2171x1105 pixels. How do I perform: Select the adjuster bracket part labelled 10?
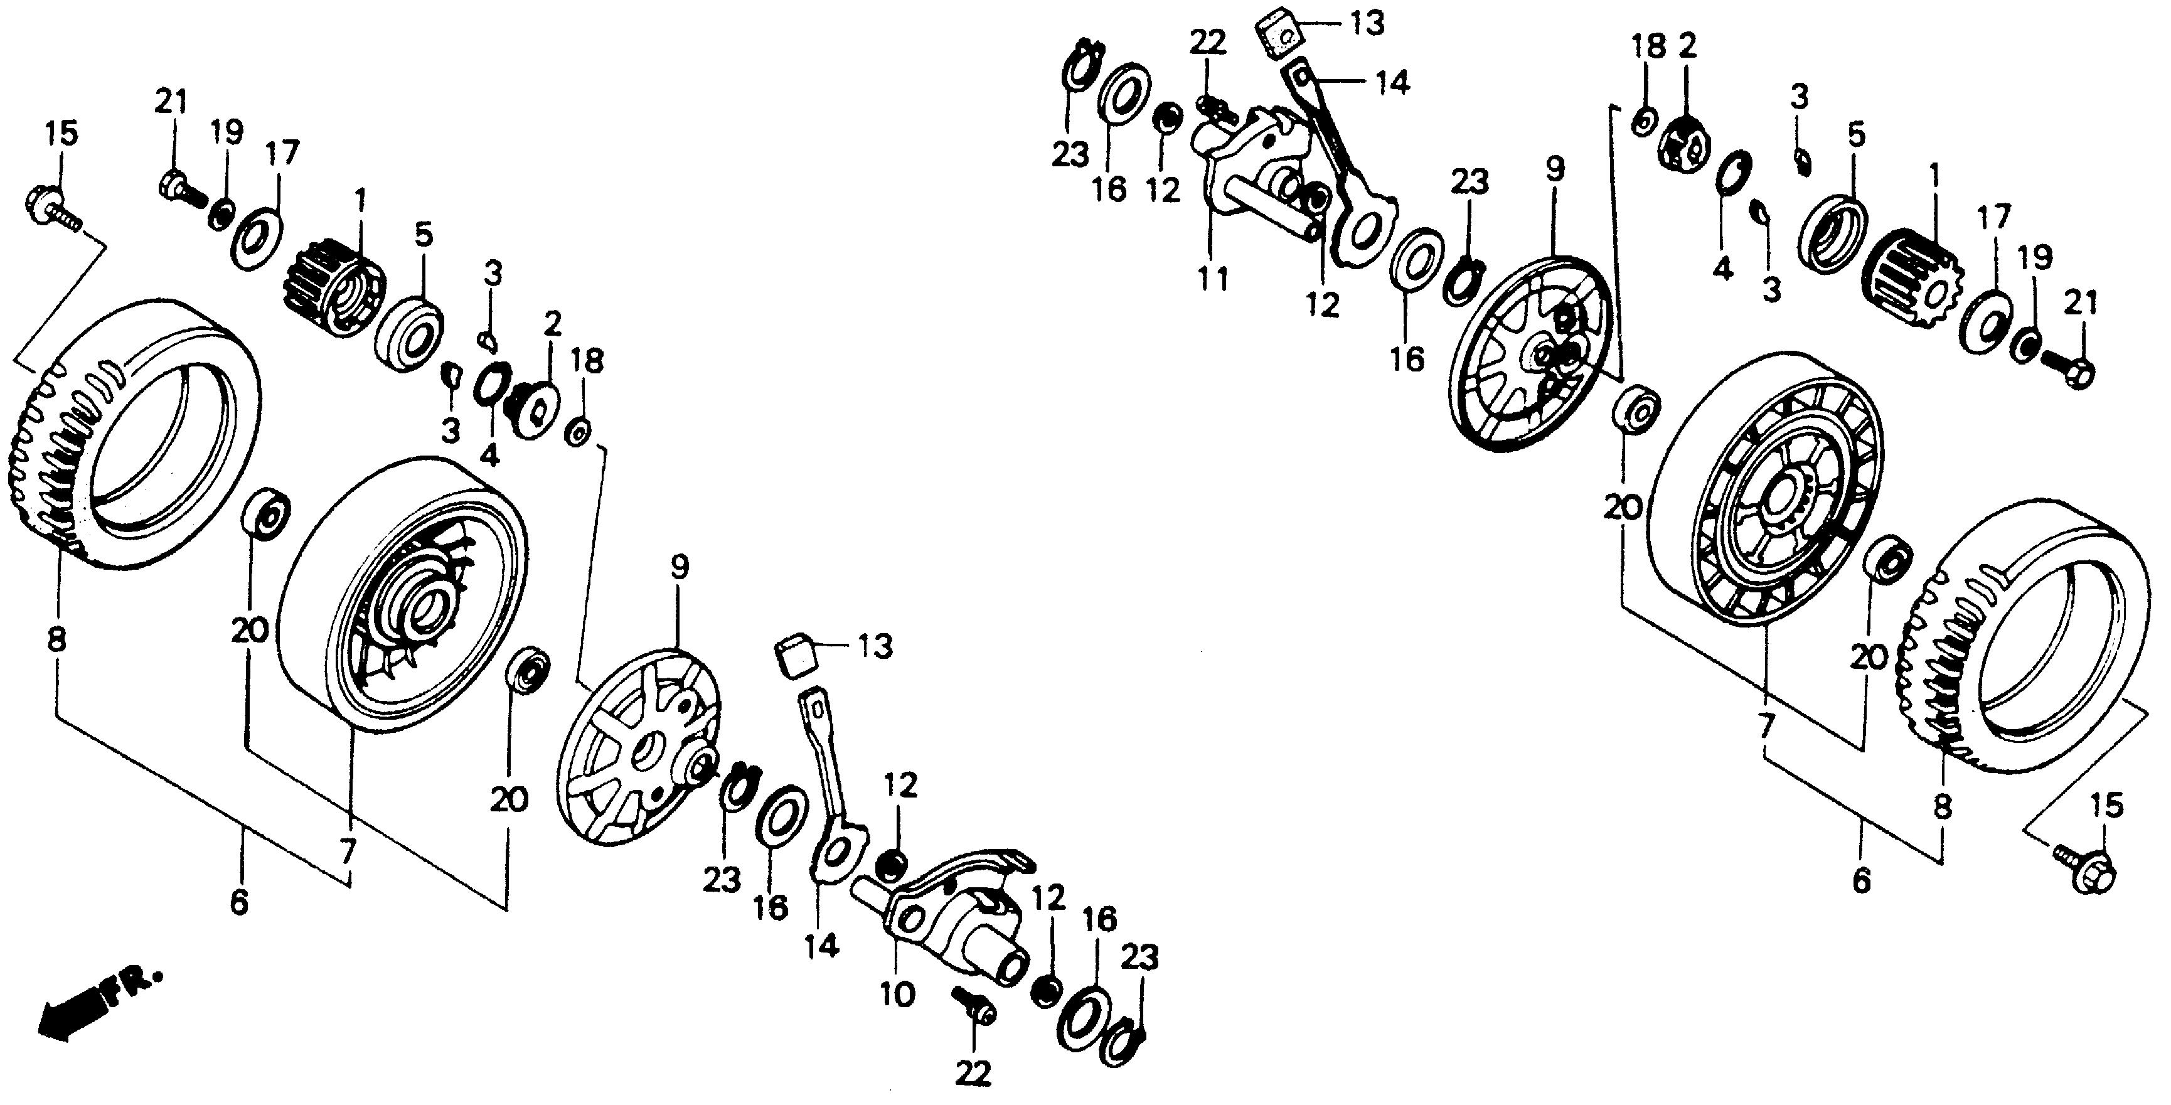[x=952, y=919]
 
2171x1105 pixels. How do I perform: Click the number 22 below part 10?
[x=973, y=1074]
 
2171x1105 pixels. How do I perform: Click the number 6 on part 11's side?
[x=1861, y=881]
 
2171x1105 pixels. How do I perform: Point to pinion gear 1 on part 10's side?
[x=337, y=287]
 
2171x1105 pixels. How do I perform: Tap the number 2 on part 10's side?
[x=553, y=323]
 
